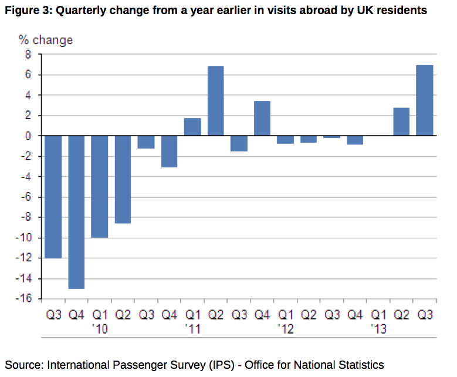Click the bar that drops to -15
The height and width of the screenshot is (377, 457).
click(77, 211)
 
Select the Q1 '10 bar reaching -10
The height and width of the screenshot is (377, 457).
click(100, 186)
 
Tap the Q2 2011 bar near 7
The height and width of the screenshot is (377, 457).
click(216, 100)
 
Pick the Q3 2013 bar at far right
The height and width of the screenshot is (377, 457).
click(424, 100)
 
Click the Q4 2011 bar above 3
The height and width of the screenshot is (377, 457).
click(262, 118)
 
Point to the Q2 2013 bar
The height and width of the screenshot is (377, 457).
click(401, 122)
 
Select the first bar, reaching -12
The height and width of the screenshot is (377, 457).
click(54, 197)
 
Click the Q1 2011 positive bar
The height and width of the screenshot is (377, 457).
click(192, 127)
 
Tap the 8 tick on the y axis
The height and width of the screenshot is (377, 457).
click(28, 55)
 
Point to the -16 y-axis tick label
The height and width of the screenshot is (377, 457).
click(24, 299)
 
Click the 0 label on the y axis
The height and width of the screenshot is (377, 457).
click(28, 136)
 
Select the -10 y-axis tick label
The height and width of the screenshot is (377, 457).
click(24, 238)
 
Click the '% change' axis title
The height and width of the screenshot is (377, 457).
click(46, 40)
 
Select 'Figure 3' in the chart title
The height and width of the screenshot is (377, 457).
click(26, 11)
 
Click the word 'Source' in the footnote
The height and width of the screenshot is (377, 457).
click(23, 365)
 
